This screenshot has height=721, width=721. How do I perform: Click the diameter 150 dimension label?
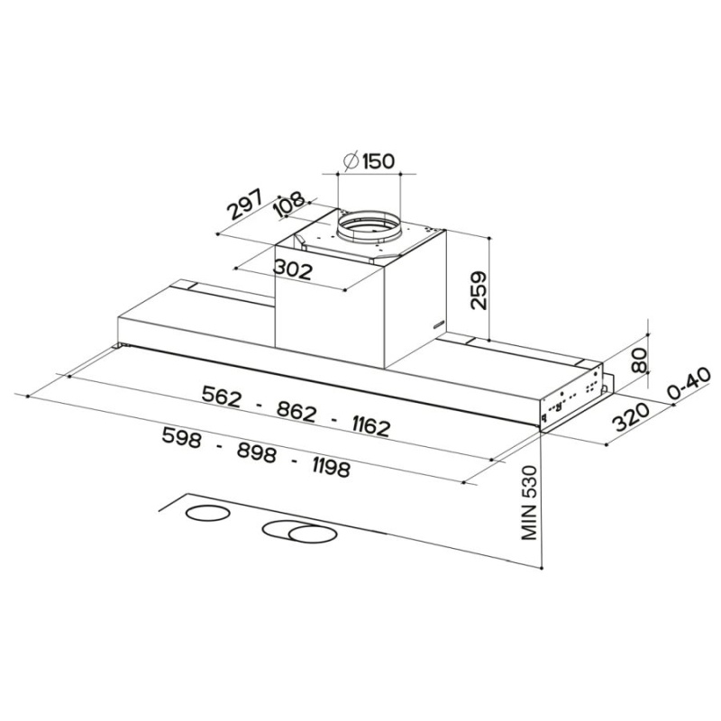pyautogui.click(x=370, y=160)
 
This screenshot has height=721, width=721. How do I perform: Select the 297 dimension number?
pyautogui.click(x=245, y=205)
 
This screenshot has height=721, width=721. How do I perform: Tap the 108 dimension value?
pyautogui.click(x=289, y=205)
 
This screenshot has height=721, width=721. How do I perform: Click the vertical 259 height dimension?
pyautogui.click(x=478, y=291)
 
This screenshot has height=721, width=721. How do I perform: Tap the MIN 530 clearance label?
pyautogui.click(x=529, y=503)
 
